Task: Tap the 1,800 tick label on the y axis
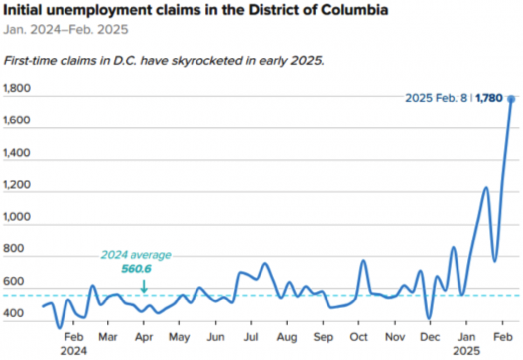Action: (17, 89)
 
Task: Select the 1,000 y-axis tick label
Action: (17, 217)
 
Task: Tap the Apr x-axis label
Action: (144, 337)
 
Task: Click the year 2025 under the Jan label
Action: (466, 351)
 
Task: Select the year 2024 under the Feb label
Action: (73, 351)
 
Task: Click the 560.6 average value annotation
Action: (136, 269)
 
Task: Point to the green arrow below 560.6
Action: (144, 286)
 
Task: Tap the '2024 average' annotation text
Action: (136, 255)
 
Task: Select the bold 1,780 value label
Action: (489, 98)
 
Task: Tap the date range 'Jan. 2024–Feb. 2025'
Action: (65, 30)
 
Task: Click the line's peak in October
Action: (364, 260)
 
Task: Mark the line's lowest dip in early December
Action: (429, 318)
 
